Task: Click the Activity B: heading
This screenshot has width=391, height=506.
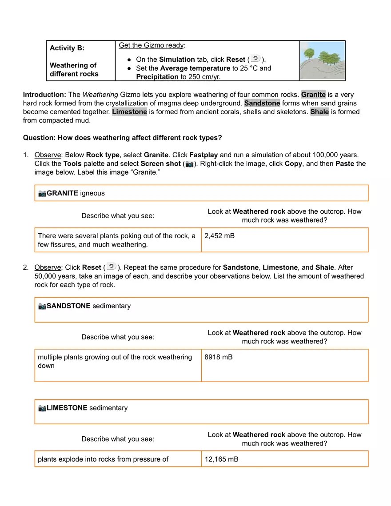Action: tap(67, 48)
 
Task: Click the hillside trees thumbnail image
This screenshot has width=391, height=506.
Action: tap(322, 60)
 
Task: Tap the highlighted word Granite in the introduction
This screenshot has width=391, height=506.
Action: tap(313, 95)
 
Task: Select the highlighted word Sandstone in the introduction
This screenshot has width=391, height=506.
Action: tap(262, 103)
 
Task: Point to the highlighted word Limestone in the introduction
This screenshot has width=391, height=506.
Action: tap(129, 112)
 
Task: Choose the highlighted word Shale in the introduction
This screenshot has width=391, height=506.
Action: tap(319, 112)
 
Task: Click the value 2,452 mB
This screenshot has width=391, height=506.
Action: tap(219, 236)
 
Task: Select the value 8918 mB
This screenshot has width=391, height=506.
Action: tap(218, 357)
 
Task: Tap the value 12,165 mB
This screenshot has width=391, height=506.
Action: tap(221, 459)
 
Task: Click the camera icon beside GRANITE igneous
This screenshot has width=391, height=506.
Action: tap(42, 193)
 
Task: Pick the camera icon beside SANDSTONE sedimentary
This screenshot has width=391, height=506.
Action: tap(42, 306)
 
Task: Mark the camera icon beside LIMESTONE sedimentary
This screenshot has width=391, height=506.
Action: tap(42, 408)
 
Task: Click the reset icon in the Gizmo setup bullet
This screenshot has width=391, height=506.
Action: tap(255, 59)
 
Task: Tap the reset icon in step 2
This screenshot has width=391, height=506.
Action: tap(111, 267)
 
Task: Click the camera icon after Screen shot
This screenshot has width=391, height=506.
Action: tap(189, 164)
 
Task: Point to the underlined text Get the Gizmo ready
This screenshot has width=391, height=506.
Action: tap(151, 45)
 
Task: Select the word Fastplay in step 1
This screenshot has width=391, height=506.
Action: tap(204, 155)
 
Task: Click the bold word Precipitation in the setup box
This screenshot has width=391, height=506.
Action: tap(157, 77)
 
